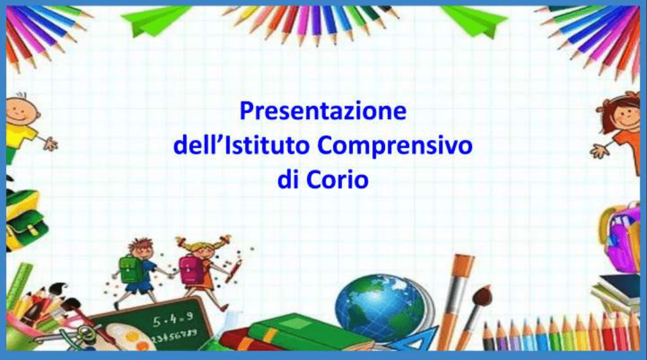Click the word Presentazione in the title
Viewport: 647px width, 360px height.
(323, 111)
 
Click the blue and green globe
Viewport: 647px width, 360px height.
(380, 308)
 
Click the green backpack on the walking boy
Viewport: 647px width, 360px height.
(129, 269)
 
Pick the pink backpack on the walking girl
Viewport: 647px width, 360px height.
(191, 270)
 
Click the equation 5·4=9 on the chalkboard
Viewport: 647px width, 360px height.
(173, 319)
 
